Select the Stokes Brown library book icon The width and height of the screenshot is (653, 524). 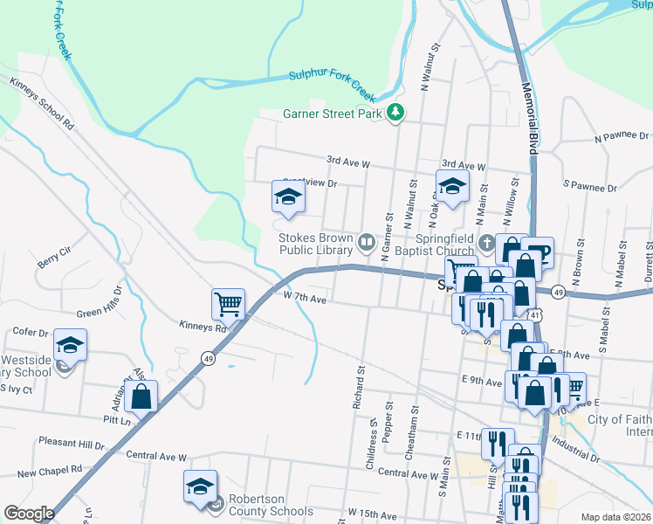(x=368, y=240)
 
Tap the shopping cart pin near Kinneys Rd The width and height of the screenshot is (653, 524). (x=228, y=304)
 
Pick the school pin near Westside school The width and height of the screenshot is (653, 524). (x=70, y=345)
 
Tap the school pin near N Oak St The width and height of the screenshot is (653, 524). (x=452, y=185)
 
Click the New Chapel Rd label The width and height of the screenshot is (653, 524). (x=49, y=471)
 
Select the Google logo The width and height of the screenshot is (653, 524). (x=29, y=513)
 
